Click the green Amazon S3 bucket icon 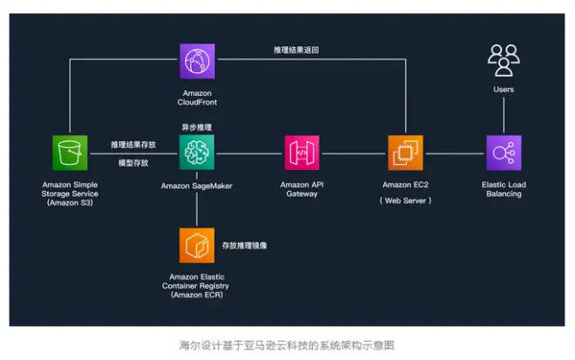[69, 153]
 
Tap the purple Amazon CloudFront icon [197, 63]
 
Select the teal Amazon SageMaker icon [197, 153]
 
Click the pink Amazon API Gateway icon [301, 153]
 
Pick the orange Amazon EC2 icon [406, 153]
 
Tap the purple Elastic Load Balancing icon [503, 153]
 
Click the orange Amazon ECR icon [196, 246]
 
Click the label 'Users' [503, 89]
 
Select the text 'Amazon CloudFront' [197, 97]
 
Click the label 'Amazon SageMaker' [197, 185]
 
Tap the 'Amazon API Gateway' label [301, 189]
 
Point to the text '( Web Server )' [406, 200]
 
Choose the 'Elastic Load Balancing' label [503, 189]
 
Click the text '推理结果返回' [295, 50]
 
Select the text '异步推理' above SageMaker [197, 127]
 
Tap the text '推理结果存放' [132, 145]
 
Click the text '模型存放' [132, 163]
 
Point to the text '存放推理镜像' [245, 246]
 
